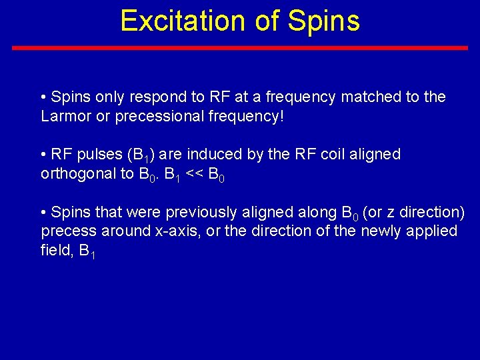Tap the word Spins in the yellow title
[x=324, y=21]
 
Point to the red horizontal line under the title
[x=240, y=48]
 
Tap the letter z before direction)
[x=396, y=213]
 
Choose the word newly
[x=387, y=231]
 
